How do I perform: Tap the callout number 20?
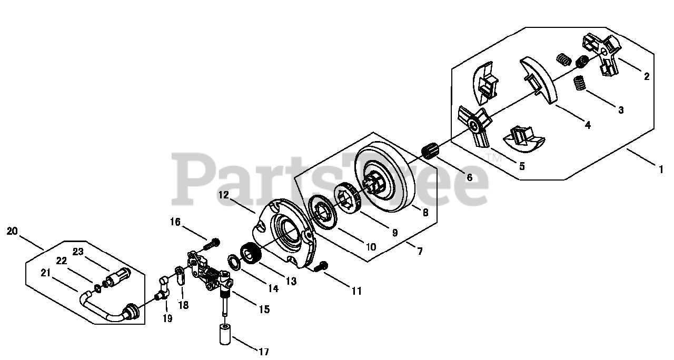[12, 231]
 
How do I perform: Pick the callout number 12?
[224, 195]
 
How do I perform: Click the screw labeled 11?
[321, 267]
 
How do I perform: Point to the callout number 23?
[78, 252]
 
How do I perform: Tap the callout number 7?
[419, 251]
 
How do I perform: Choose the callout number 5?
[521, 166]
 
